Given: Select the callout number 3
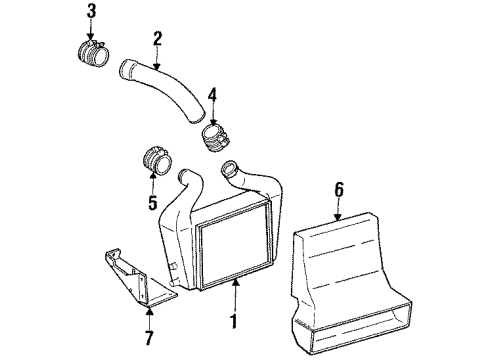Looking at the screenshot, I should point(91,12).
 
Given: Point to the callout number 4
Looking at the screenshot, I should point(210,98).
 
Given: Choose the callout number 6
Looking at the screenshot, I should point(338,187).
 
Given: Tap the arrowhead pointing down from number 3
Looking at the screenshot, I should point(91,32).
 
